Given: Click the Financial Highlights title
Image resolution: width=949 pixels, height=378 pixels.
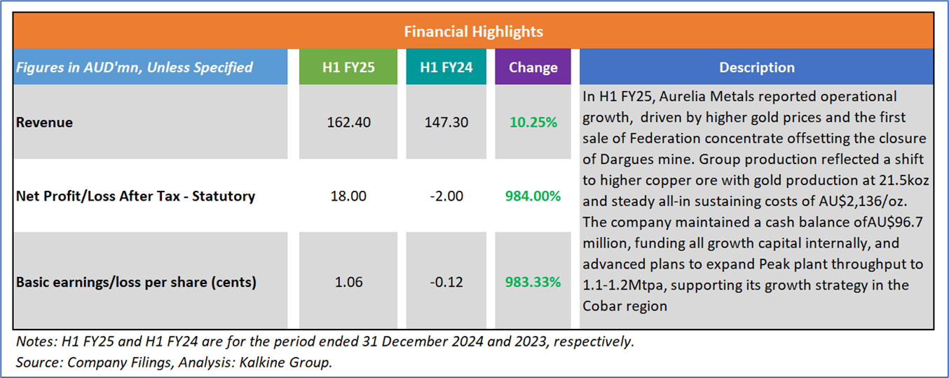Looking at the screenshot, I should point(474,32).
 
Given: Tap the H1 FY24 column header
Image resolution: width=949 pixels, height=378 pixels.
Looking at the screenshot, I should point(446,67).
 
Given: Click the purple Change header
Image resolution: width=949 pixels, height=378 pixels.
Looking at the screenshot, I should point(533,67).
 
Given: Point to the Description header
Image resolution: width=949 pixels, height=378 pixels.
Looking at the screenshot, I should point(756,67).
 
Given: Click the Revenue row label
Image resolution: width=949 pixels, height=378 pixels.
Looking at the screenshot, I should point(44,123).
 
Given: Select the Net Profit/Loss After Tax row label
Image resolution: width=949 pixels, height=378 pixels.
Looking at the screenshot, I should point(135,196).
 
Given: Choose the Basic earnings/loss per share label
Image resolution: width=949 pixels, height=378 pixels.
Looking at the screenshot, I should point(136,283).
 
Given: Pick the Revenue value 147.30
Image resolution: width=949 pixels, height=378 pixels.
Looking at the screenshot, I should point(446,123).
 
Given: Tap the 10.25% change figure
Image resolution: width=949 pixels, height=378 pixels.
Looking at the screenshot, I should point(533,123).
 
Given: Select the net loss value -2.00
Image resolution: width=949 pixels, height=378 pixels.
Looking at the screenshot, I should point(446,196).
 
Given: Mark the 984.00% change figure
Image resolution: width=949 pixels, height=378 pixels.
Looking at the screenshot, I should point(533,196).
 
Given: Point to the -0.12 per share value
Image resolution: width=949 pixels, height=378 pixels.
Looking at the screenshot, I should point(446,283).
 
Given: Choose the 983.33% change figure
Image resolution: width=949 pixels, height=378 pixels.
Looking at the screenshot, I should point(533,283).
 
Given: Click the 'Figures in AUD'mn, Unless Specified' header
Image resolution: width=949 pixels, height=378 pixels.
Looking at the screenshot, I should point(134,67).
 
